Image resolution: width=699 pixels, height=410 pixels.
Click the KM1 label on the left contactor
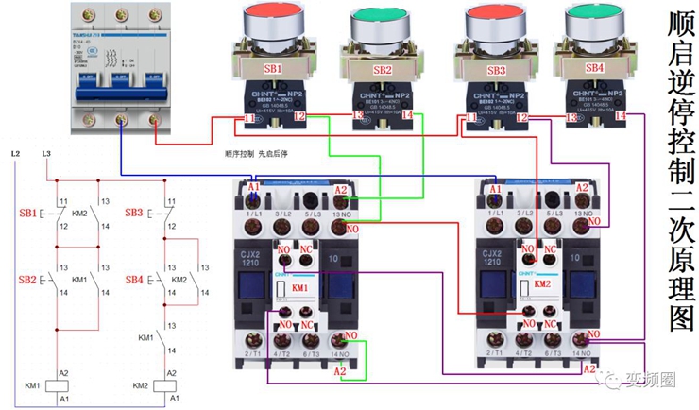click(299, 285)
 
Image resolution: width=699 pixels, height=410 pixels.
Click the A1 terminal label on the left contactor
click(252, 188)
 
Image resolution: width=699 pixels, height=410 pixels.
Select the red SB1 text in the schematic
click(27, 214)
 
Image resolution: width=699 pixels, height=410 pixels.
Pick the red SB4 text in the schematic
click(135, 281)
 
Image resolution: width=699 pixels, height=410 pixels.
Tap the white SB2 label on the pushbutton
click(382, 70)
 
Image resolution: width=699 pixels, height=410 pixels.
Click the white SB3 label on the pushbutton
click(495, 71)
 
